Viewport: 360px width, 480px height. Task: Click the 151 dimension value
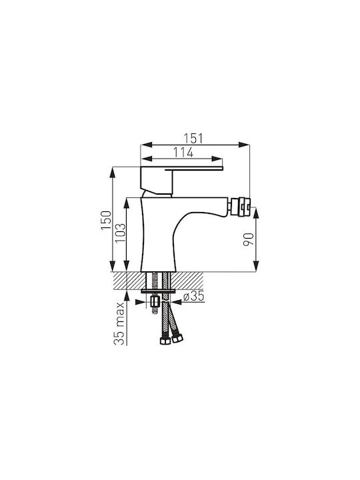point(193,139)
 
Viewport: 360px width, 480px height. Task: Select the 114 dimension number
point(183,152)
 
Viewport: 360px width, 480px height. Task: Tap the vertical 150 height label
point(106,221)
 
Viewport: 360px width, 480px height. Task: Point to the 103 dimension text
point(120,233)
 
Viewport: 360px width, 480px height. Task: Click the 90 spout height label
point(248,239)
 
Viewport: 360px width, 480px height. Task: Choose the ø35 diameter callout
point(193,296)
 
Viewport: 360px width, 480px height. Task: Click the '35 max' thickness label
point(119,323)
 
